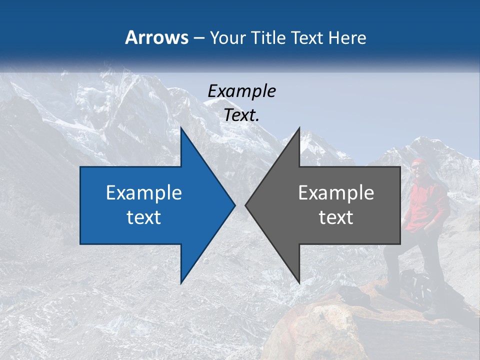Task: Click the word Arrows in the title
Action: [157, 37]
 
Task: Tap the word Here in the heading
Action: [347, 37]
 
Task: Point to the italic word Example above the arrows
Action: [241, 91]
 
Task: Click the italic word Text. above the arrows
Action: [242, 115]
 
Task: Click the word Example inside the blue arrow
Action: [144, 193]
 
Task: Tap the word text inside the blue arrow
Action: [144, 217]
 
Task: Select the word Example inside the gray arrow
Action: [336, 193]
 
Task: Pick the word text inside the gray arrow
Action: [336, 217]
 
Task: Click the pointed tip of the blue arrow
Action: [234, 205]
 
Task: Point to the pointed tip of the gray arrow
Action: [246, 205]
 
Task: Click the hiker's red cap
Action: [417, 162]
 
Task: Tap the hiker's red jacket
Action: [425, 205]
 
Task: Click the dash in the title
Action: [198, 38]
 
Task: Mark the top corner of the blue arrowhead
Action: [181, 128]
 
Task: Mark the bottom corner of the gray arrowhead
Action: [299, 283]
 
